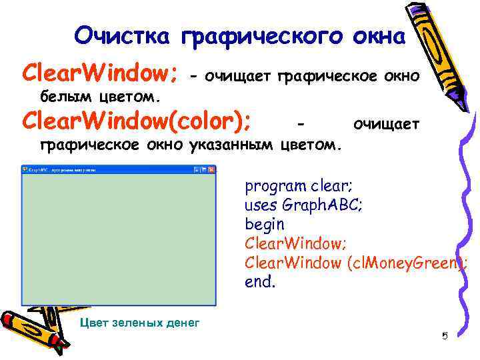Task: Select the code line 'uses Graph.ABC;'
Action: tap(303, 205)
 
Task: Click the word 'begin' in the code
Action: tap(265, 224)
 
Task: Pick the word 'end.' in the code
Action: tap(260, 282)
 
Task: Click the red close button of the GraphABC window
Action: tap(213, 170)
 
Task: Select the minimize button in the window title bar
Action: tap(197, 170)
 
